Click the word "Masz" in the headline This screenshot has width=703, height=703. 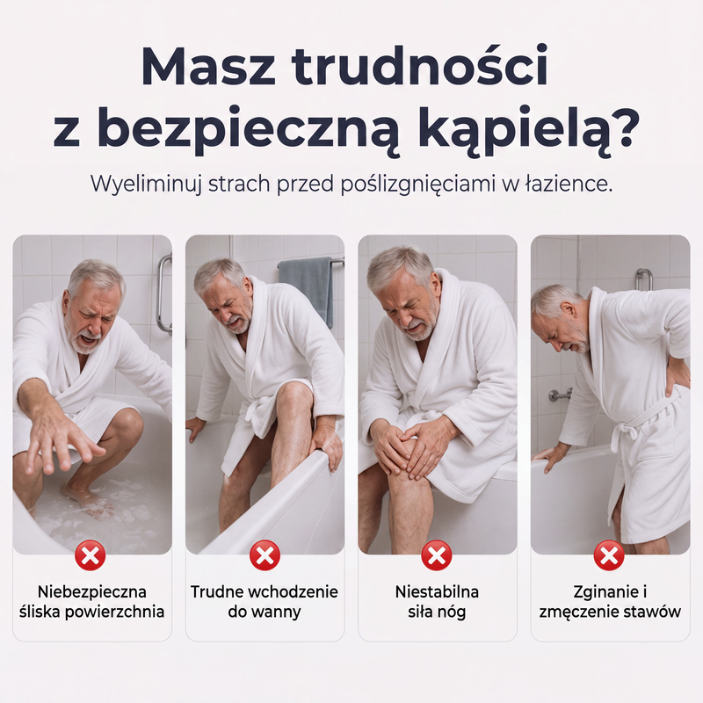[208, 65]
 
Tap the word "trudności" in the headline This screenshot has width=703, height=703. [421, 65]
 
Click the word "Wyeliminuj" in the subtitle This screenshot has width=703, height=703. [146, 185]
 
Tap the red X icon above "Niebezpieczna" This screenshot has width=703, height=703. [91, 556]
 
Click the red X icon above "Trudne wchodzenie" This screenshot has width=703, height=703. [265, 556]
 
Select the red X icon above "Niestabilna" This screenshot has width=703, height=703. [437, 556]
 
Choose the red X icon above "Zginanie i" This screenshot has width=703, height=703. [609, 556]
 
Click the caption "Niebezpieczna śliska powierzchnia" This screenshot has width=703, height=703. [92, 602]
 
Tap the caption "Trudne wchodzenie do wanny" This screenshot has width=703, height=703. [265, 602]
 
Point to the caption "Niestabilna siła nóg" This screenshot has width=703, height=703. [437, 602]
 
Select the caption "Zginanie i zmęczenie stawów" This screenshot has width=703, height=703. [610, 602]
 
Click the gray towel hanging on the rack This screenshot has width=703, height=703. [306, 287]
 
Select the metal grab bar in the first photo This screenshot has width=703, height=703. [164, 294]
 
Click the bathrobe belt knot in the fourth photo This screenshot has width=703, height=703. [626, 431]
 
